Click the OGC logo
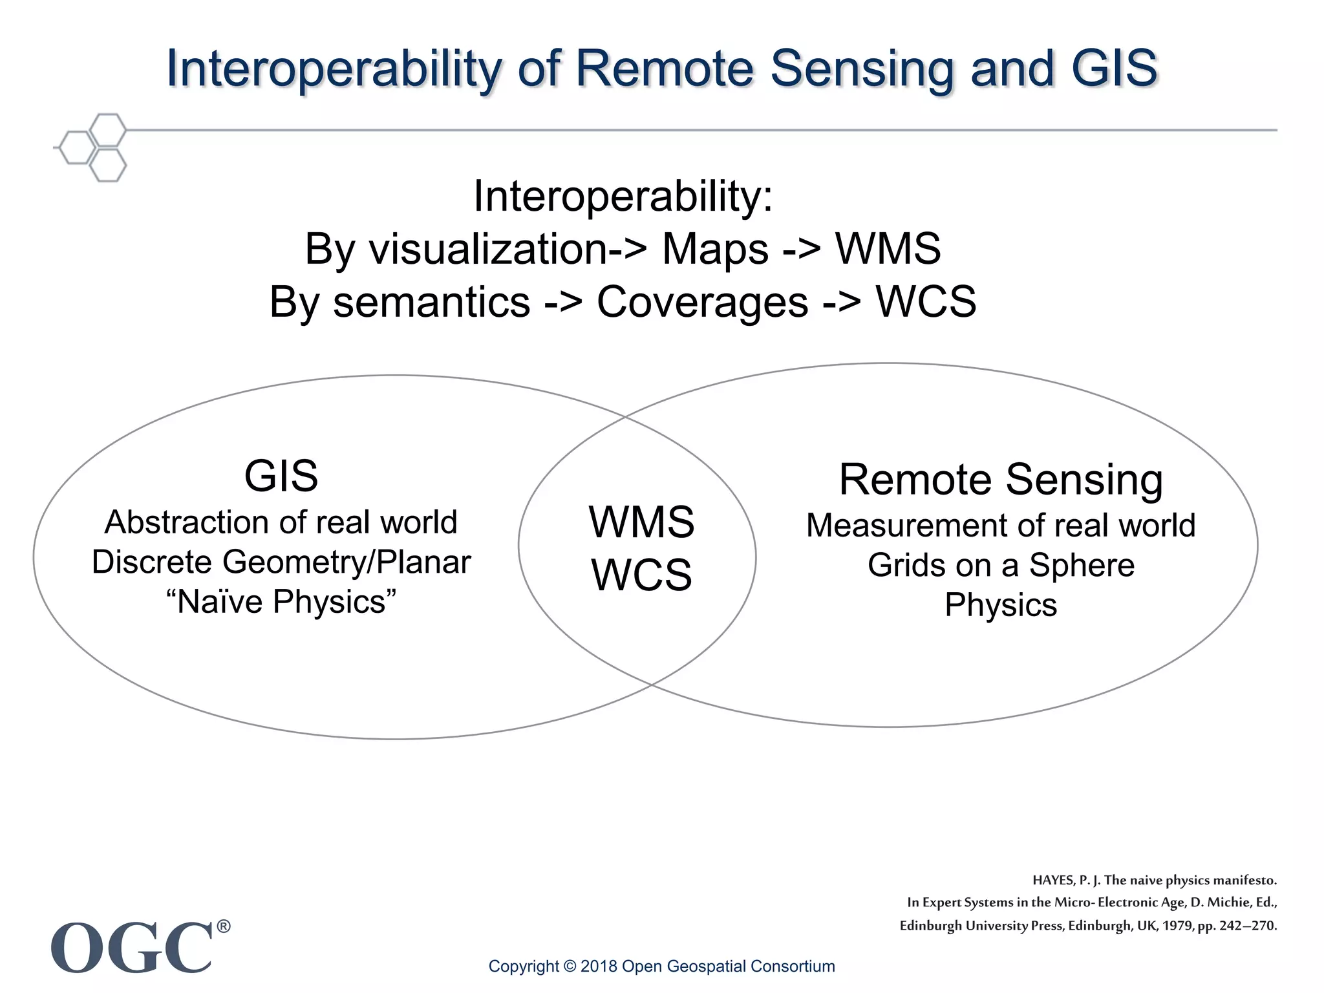point(132,948)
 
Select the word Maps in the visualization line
point(715,249)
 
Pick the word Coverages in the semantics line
point(702,302)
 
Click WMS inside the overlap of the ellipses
point(641,522)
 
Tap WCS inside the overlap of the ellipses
point(641,575)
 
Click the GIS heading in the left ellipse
point(281,476)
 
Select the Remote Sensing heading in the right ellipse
point(1001,480)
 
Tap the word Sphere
point(1082,566)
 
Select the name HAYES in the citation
point(1053,881)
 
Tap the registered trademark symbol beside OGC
point(223,926)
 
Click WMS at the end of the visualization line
point(888,249)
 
